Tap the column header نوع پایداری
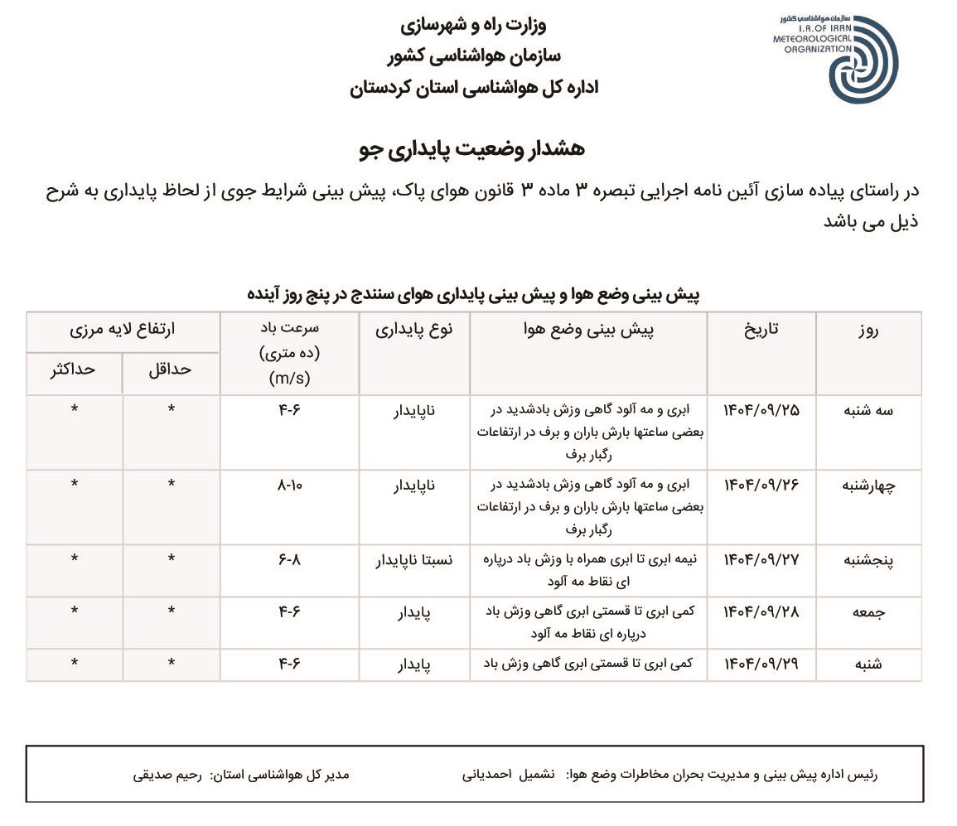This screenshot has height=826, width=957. pyautogui.click(x=414, y=330)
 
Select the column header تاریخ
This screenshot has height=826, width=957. pyautogui.click(x=761, y=330)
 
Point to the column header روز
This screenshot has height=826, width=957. pyautogui.click(x=868, y=331)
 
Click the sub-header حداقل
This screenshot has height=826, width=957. pyautogui.click(x=170, y=370)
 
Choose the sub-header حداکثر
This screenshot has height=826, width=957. pyautogui.click(x=73, y=370)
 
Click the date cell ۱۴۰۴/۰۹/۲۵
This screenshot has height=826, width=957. pyautogui.click(x=761, y=410)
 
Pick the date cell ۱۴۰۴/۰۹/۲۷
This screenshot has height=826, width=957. pyautogui.click(x=761, y=560)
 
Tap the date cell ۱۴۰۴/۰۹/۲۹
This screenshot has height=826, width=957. pyautogui.click(x=761, y=664)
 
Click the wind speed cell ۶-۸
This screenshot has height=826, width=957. pyautogui.click(x=289, y=560)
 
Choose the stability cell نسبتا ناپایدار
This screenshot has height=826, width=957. pyautogui.click(x=415, y=560)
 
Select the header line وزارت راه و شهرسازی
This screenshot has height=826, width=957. pyautogui.click(x=473, y=25)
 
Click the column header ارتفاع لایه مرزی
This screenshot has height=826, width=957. pyautogui.click(x=122, y=330)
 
